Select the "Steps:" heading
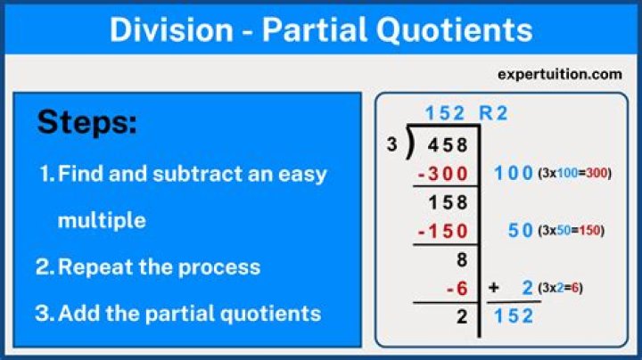point(87,123)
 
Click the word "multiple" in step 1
point(101,219)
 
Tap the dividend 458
point(448,144)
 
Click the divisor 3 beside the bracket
point(392,143)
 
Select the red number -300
point(442,173)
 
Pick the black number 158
point(448,202)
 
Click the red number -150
point(442,231)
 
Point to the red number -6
point(457,288)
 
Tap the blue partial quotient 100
point(513,173)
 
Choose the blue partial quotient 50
point(520,231)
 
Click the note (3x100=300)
point(575,173)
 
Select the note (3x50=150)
point(571,231)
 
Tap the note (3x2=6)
point(561,288)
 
